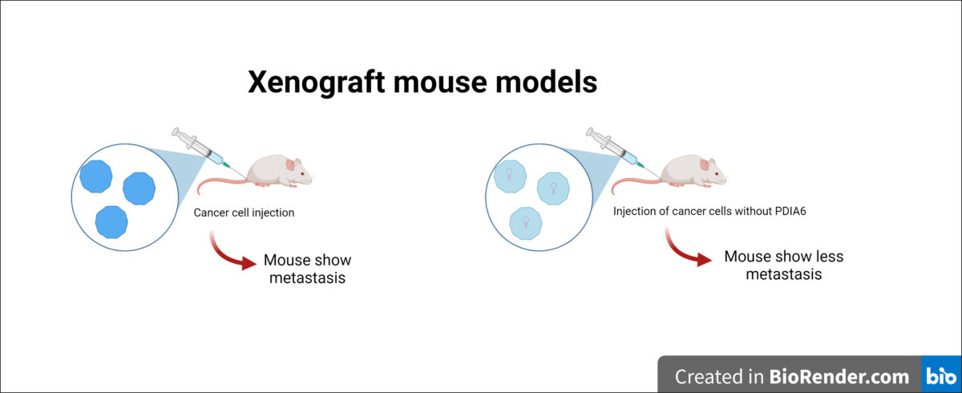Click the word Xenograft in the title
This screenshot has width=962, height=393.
tap(317, 82)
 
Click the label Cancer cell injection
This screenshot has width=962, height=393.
tap(244, 213)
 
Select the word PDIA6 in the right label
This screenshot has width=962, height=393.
tap(790, 211)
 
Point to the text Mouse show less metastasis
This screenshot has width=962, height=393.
tap(784, 265)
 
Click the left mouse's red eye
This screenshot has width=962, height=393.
tap(303, 173)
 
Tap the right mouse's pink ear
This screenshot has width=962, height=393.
tap(705, 164)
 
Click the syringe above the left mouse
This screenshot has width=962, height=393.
tap(202, 148)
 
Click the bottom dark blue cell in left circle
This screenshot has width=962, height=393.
tap(111, 222)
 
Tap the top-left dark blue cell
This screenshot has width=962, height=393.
tap(96, 176)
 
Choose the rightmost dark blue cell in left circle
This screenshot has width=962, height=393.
tap(139, 188)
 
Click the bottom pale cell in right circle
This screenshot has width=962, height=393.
tap(526, 223)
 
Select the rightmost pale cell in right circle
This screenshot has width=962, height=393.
tap(554, 188)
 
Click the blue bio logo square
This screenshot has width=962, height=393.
tap(941, 374)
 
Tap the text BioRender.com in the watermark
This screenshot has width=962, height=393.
tap(839, 377)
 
